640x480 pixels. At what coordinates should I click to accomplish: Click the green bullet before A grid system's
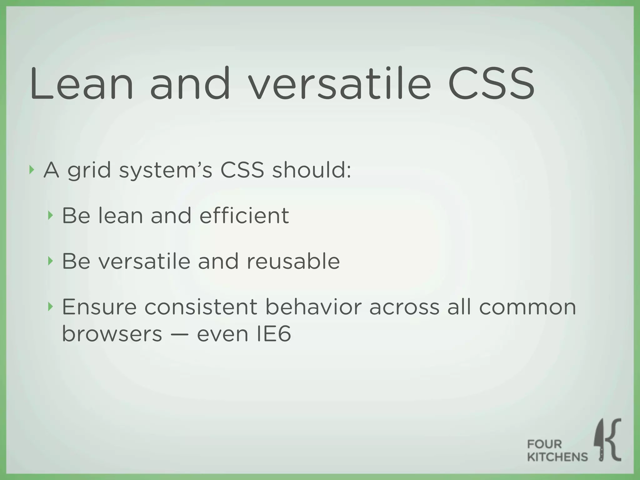[31, 170]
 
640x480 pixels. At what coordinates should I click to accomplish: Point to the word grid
[89, 171]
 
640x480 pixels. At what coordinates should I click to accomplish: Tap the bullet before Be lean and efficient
[50, 215]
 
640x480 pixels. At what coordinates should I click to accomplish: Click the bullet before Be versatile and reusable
[50, 261]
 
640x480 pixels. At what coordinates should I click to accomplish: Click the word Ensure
[99, 307]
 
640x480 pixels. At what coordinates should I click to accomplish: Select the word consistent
[201, 307]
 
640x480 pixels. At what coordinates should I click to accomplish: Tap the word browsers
[112, 334]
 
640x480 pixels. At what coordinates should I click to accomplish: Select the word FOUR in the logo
[544, 444]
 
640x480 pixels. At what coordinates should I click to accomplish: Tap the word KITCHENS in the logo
[557, 457]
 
